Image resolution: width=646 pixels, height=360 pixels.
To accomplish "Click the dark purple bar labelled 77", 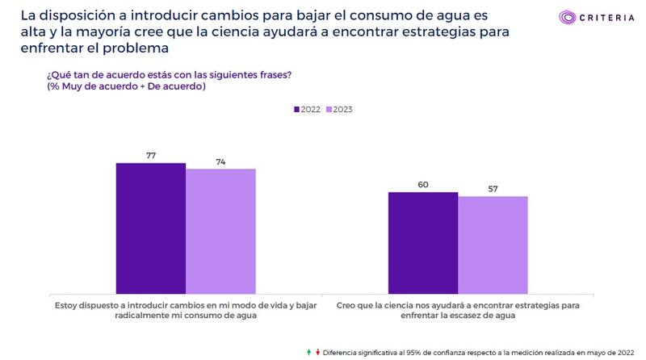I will click(150, 228).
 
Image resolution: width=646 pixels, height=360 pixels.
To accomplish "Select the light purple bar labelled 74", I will click(220, 231).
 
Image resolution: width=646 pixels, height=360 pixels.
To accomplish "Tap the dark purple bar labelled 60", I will click(422, 242).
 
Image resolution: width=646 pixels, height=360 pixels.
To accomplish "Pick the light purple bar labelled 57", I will click(493, 245).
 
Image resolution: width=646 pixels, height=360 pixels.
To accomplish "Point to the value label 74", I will click(220, 161).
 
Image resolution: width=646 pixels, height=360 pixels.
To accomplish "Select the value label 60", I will click(422, 185).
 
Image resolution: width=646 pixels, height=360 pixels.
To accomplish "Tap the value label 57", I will click(493, 189).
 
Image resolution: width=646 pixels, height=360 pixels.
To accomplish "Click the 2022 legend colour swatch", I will click(296, 109).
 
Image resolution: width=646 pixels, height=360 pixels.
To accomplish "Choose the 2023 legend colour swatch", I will click(329, 109).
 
